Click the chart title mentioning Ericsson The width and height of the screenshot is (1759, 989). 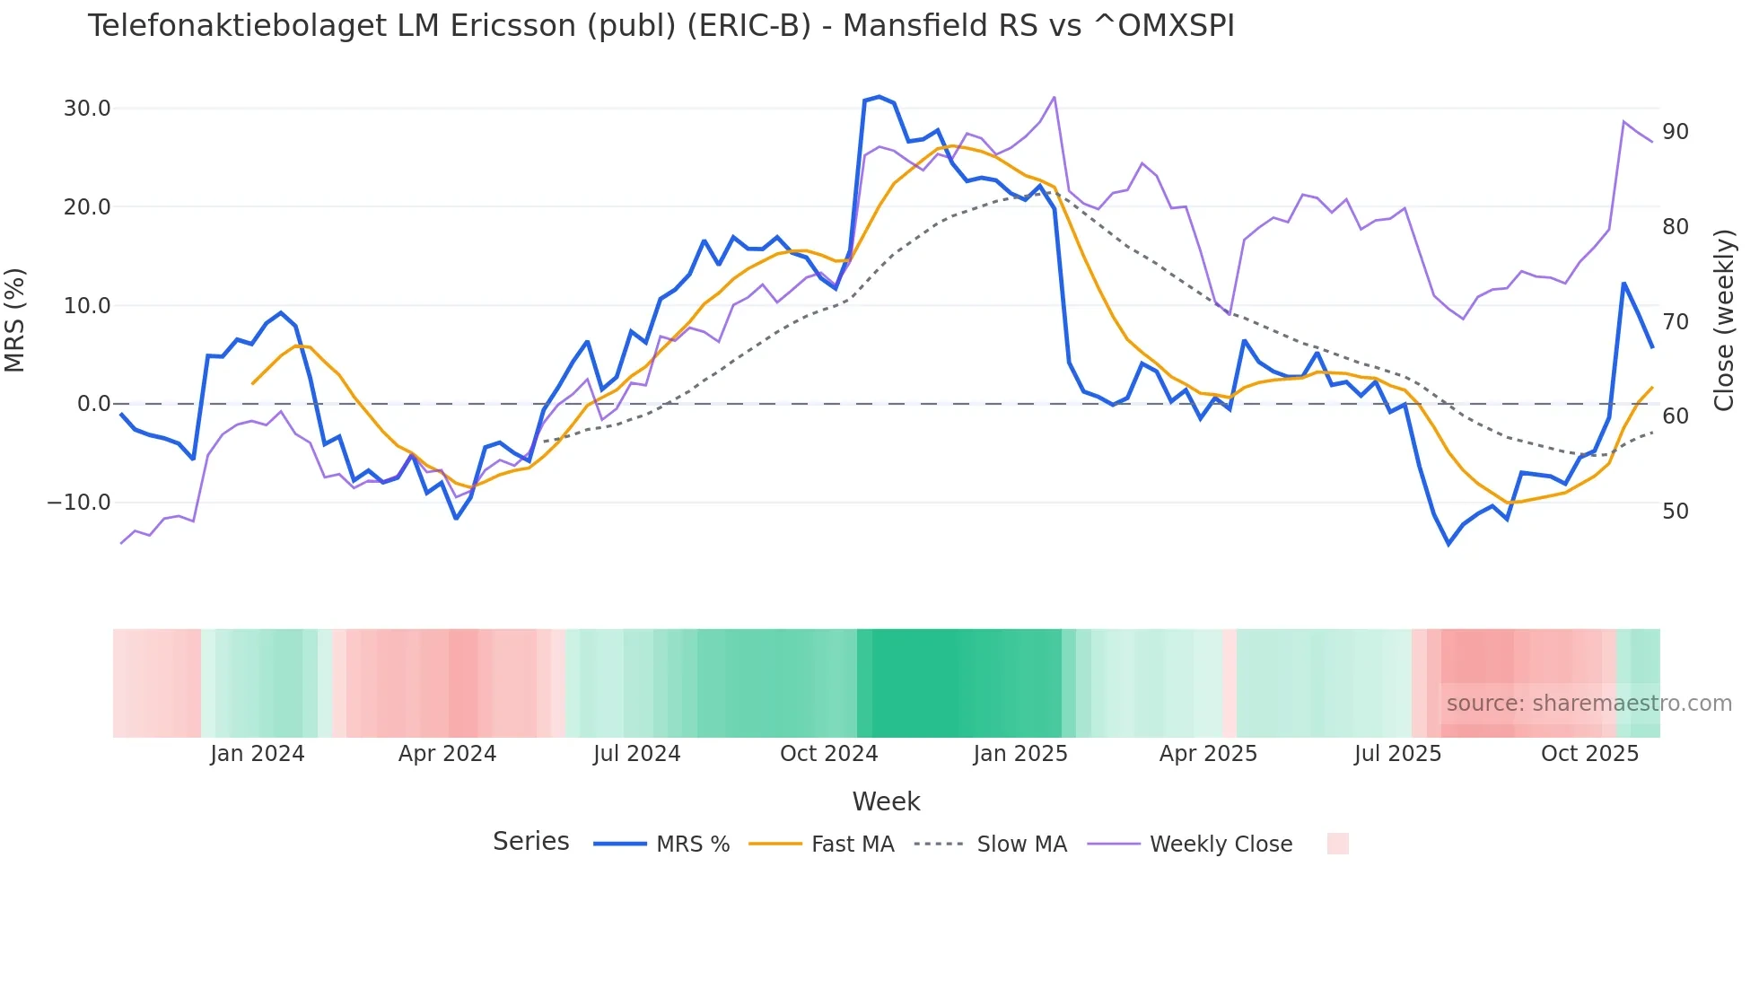point(661,26)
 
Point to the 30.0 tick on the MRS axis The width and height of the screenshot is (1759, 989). point(87,109)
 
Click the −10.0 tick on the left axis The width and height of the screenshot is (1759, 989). point(79,503)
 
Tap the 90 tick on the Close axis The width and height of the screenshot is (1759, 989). point(1676,132)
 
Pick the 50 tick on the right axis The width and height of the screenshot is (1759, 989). point(1676,512)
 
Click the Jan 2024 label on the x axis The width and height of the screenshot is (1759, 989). point(258,754)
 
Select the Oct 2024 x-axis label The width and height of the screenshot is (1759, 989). point(828,754)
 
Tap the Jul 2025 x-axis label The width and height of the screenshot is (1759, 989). point(1397,754)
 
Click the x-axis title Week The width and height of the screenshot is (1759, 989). point(886,801)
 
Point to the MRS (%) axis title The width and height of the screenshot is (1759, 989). point(15,319)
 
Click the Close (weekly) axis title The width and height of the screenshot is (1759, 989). point(1723,319)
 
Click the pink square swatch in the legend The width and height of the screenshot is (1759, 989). point(1337,844)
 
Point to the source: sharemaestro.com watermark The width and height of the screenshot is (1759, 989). point(1588,704)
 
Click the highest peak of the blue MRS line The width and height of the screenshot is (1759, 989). point(879,97)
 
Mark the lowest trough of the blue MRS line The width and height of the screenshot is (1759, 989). point(1448,544)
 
